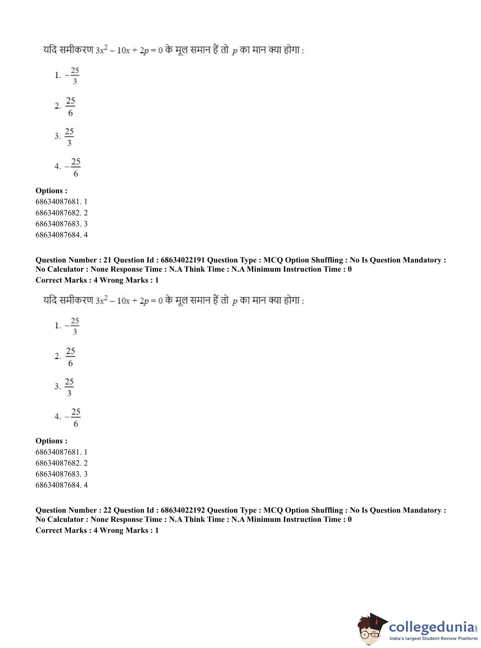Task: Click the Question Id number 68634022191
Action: (x=183, y=260)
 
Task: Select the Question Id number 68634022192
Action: (x=183, y=510)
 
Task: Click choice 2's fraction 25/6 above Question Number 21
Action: (x=70, y=107)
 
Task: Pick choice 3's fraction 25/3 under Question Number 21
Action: (x=69, y=387)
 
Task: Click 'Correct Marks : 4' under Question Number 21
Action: (x=66, y=280)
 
